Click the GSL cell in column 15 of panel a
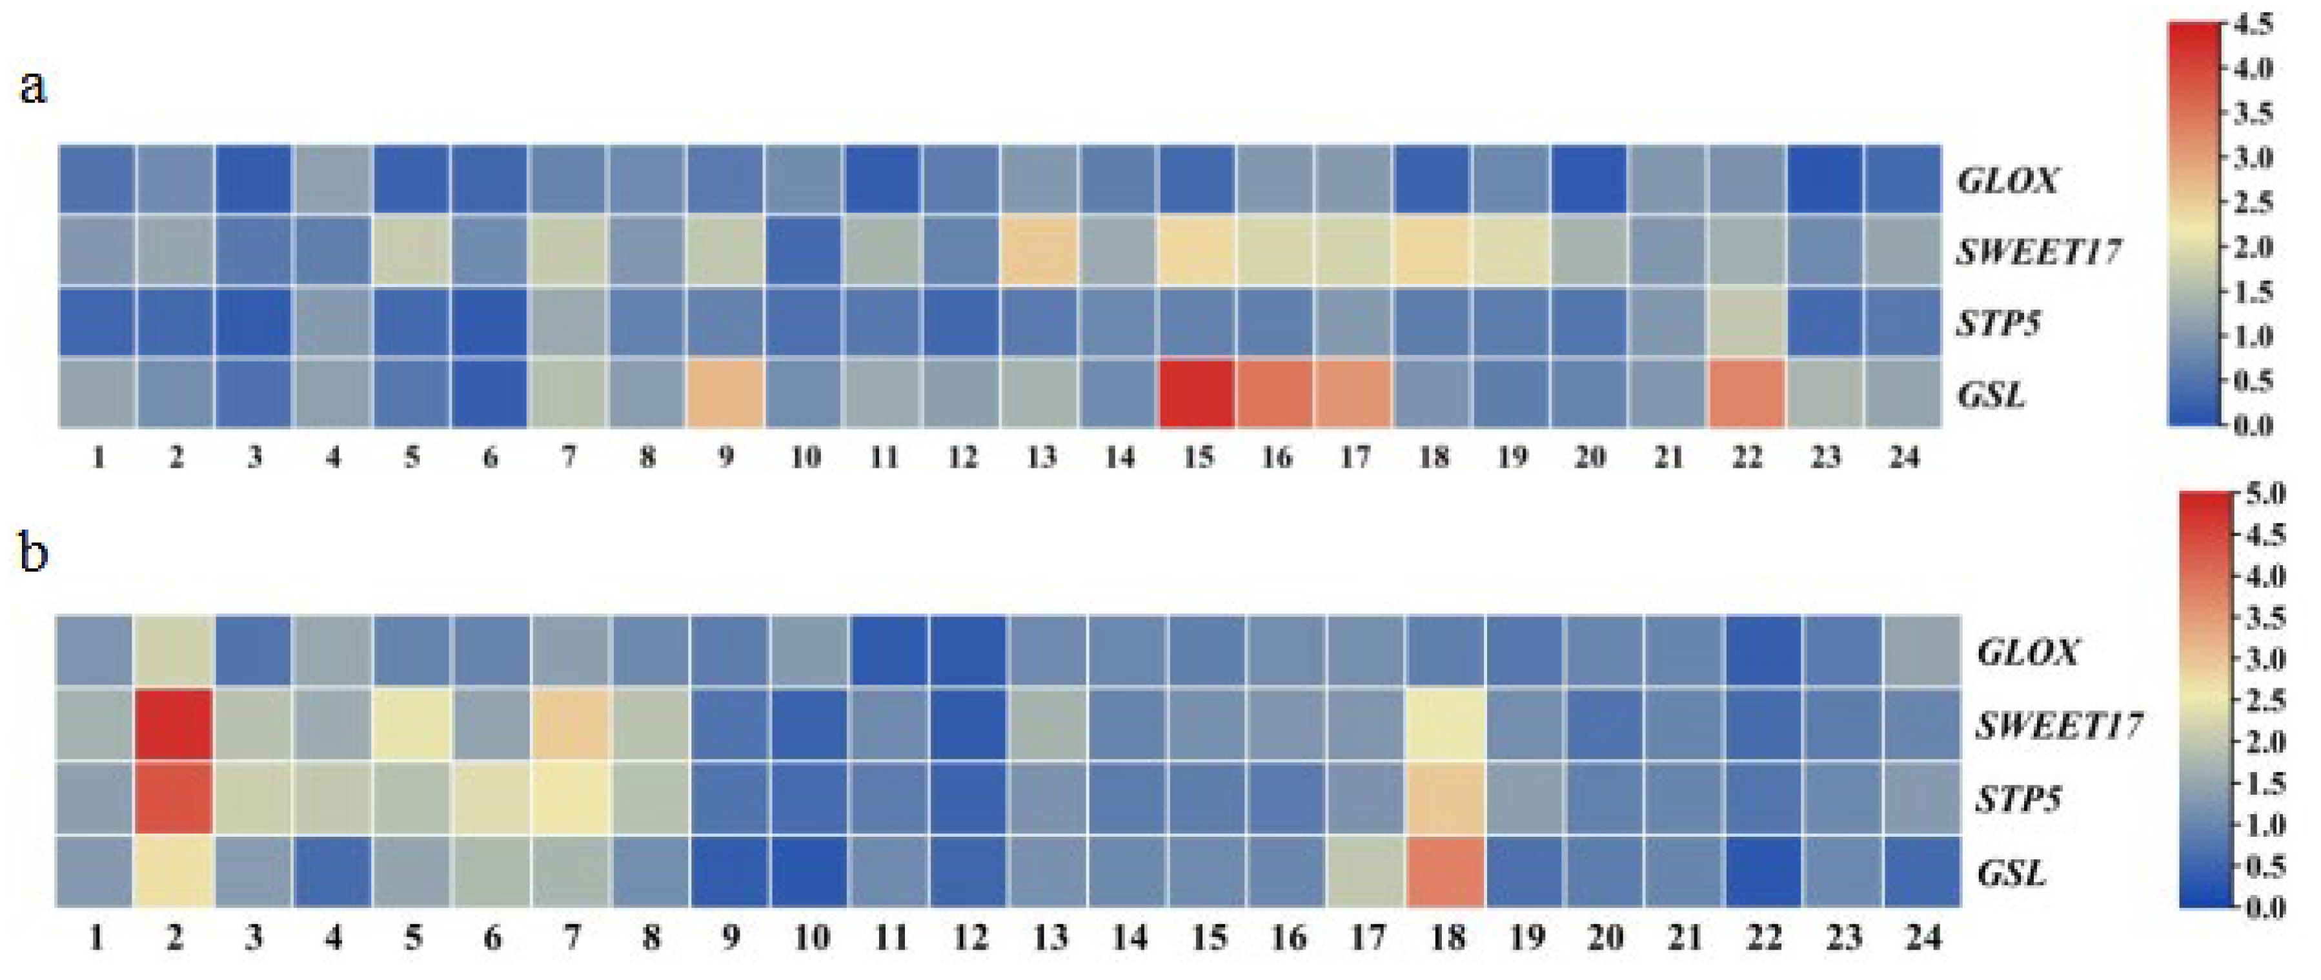click(1197, 393)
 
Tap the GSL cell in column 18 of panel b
click(1445, 871)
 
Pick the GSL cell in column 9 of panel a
click(726, 393)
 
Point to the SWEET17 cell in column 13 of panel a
click(1040, 250)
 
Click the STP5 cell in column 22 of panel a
click(1747, 321)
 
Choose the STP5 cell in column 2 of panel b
click(174, 798)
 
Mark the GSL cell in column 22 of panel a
click(1747, 393)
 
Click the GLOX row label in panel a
click(2007, 181)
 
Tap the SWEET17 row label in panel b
click(2059, 725)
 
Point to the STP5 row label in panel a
click(1998, 323)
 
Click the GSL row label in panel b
click(2011, 872)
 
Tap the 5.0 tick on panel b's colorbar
click(2266, 494)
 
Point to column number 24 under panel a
click(1904, 457)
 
